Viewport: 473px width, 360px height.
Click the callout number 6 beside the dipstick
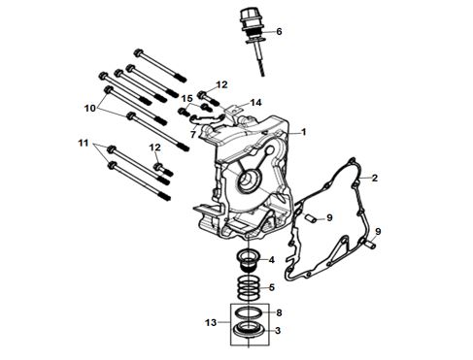pos(279,32)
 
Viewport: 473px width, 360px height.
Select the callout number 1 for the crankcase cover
pos(303,132)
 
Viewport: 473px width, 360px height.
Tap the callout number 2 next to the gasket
pos(375,178)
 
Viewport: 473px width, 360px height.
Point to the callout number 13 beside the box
pos(211,322)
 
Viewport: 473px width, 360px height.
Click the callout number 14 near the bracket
pos(255,103)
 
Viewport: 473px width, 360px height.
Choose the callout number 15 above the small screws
pos(186,98)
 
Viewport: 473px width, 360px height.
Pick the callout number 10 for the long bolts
pos(90,108)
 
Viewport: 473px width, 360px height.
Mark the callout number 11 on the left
pos(84,143)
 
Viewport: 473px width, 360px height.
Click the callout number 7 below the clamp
pos(193,134)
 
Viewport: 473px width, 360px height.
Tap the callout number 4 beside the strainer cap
pos(271,260)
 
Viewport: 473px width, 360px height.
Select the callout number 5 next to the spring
pos(271,287)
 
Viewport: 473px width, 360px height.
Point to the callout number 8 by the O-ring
pos(279,312)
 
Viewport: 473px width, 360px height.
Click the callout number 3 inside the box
pos(278,331)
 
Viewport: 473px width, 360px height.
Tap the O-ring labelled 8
pos(249,312)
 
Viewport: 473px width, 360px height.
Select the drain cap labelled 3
pos(250,330)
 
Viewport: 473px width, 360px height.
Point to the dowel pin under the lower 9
pos(371,245)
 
